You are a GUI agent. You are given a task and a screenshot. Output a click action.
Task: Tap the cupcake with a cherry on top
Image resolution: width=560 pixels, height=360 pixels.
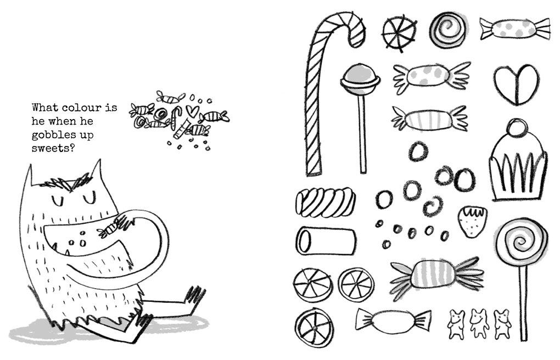517,165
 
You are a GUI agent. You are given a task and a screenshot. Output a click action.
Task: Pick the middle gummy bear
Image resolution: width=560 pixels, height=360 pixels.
478,324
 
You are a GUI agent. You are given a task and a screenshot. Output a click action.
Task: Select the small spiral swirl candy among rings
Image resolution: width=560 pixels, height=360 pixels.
434,206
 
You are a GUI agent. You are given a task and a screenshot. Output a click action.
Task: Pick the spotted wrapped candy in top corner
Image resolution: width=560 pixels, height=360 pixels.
514,27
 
